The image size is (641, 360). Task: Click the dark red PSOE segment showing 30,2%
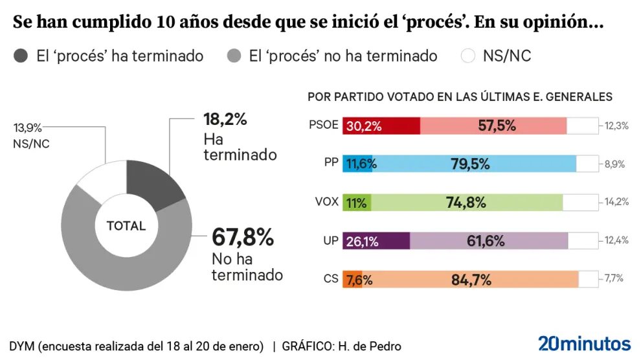coord(381,126)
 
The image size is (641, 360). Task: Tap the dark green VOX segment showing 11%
coord(357,202)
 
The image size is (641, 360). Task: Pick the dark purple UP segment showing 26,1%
coord(376,241)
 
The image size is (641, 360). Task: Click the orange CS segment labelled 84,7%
coord(471,279)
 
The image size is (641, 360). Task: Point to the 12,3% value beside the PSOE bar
coord(616,126)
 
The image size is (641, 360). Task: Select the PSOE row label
coord(324,126)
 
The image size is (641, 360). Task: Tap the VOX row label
coord(327,202)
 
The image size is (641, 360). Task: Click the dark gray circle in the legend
coord(21,56)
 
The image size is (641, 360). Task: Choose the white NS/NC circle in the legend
coord(468,56)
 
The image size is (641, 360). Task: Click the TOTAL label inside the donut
coord(126,227)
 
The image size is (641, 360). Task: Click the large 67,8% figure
coord(243,237)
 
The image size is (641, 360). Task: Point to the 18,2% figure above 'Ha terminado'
coord(225,120)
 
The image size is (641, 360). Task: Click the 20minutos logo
coord(584,343)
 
